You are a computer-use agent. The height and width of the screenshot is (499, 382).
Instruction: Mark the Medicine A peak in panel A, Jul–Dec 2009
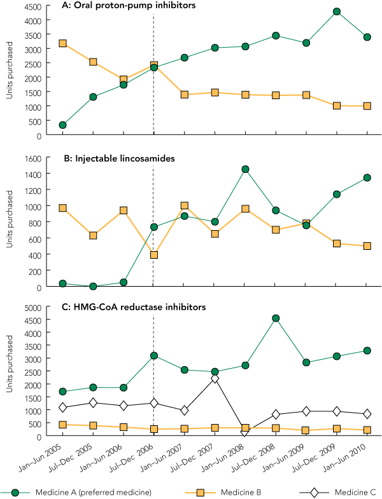tap(336, 11)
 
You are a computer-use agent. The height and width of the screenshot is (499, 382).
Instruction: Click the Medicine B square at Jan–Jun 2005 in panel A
tap(62, 43)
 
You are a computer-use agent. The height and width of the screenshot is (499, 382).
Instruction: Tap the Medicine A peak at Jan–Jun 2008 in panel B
tap(244, 169)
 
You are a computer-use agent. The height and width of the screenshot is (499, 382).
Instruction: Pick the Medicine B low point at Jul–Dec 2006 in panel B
tap(153, 255)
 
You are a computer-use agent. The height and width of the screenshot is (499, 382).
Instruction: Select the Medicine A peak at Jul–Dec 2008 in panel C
tap(275, 318)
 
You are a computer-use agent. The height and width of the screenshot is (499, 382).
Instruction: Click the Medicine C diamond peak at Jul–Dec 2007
tap(215, 378)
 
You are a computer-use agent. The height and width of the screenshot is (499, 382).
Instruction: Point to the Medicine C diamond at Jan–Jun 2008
tap(245, 432)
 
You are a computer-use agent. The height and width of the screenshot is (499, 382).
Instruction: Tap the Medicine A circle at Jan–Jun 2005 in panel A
tap(62, 125)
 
